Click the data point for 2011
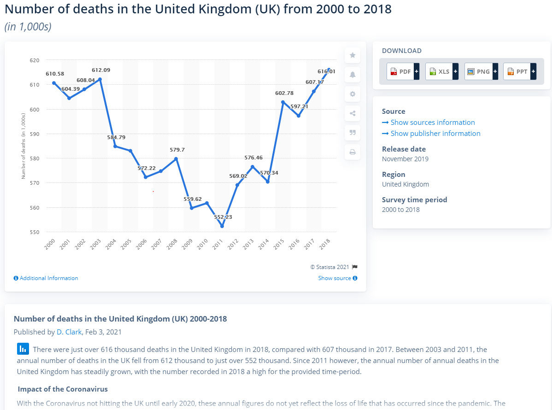click(222, 226)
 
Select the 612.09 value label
click(101, 70)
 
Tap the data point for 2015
click(283, 102)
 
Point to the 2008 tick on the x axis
click(172, 244)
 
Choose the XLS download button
click(441, 71)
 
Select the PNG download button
click(481, 71)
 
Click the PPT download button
click(520, 71)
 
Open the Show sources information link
click(432, 123)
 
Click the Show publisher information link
click(435, 134)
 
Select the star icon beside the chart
click(352, 55)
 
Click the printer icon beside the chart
click(352, 152)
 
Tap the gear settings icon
click(352, 94)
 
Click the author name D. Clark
click(69, 332)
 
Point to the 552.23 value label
click(223, 217)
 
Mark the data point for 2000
click(54, 83)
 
